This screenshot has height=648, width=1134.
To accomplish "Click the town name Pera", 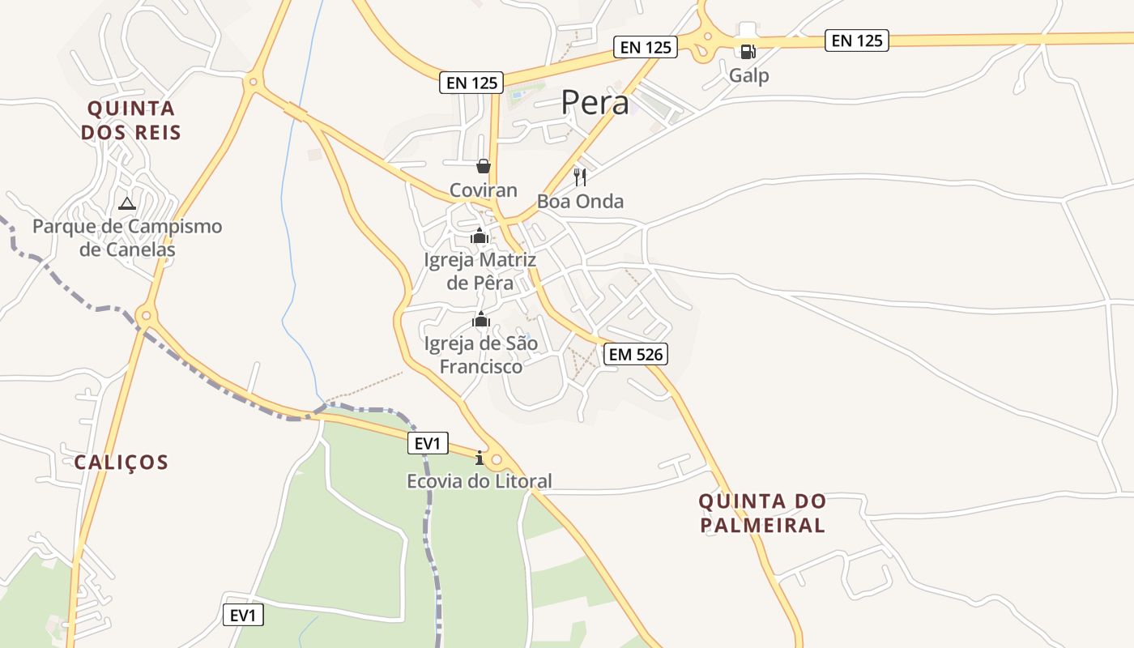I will pos(595,103).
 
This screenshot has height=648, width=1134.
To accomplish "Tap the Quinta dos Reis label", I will pos(131,120).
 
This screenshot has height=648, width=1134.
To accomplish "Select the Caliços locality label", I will pos(122,463).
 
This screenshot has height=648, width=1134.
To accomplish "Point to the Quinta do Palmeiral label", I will pos(761,513).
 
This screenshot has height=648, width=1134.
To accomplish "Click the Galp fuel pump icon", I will pos(748,52).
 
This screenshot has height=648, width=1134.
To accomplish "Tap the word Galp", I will pos(748,75).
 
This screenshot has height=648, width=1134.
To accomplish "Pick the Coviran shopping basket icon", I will pos(484,166).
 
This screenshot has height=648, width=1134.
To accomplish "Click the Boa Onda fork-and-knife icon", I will pos(580,177).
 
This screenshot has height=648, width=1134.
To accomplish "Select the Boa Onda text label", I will pos(580,202).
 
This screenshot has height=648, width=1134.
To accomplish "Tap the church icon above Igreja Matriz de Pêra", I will pos(480,237).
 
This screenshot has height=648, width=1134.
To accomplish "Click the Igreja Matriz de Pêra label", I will pos(480,271).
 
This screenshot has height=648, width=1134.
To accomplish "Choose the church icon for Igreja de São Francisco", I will pos(481,320).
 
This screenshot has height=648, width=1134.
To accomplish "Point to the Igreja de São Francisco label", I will pos(481,355).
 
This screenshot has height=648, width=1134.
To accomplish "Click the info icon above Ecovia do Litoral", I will pos(480,458).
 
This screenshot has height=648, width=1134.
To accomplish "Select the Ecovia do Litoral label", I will pos(479,481).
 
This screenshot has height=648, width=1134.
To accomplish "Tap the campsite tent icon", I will pos(126,203).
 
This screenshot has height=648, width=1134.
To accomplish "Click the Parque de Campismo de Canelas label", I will pos(127,237).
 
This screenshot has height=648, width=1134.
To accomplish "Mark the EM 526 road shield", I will pos(635,354).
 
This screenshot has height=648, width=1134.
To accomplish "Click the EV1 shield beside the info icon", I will pos(427,443).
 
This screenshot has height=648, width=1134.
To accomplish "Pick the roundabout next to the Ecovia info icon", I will pos(497,460).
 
